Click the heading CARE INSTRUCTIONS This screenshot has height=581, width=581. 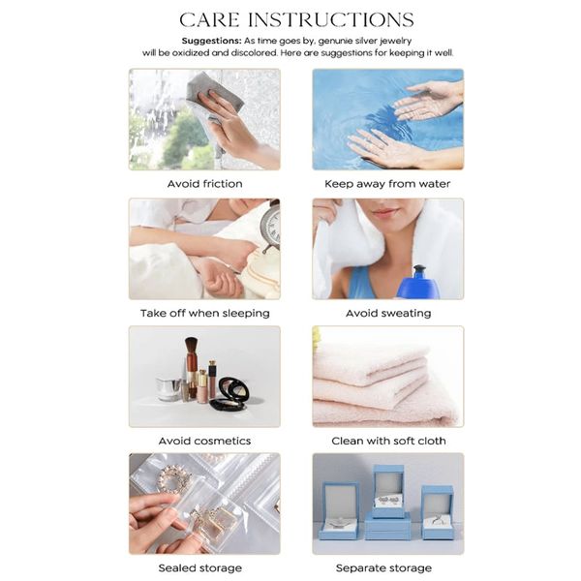pyautogui.click(x=296, y=20)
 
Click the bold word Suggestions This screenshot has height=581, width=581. pyautogui.click(x=210, y=41)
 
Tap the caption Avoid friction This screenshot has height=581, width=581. pyautogui.click(x=204, y=183)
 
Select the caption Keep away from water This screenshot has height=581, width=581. pyautogui.click(x=387, y=183)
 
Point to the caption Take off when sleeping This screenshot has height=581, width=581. pyautogui.click(x=204, y=313)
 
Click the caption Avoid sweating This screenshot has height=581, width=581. pyautogui.click(x=387, y=313)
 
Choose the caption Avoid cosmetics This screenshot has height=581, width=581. pyautogui.click(x=204, y=441)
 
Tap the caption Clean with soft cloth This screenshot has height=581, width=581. pyautogui.click(x=387, y=441)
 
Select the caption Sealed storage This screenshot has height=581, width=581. pyautogui.click(x=199, y=567)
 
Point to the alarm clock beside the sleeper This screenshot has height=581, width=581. pyautogui.click(x=269, y=228)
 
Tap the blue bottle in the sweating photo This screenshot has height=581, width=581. pyautogui.click(x=418, y=282)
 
